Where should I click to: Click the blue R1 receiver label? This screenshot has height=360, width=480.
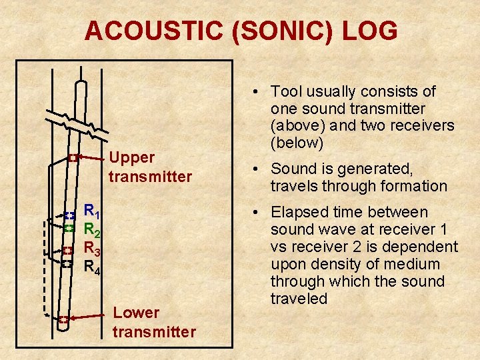pyautogui.click(x=92, y=213)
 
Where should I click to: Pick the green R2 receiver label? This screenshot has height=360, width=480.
pyautogui.click(x=92, y=231)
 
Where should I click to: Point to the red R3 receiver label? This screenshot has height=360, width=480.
pyautogui.click(x=92, y=249)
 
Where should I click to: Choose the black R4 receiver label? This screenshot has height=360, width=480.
pyautogui.click(x=92, y=267)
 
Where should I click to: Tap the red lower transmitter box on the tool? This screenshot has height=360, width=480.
pyautogui.click(x=62, y=319)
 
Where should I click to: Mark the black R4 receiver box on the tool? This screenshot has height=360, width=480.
pyautogui.click(x=67, y=263)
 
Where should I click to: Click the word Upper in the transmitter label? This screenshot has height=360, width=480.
pyautogui.click(x=131, y=158)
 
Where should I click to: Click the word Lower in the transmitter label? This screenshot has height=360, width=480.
pyautogui.click(x=137, y=313)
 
